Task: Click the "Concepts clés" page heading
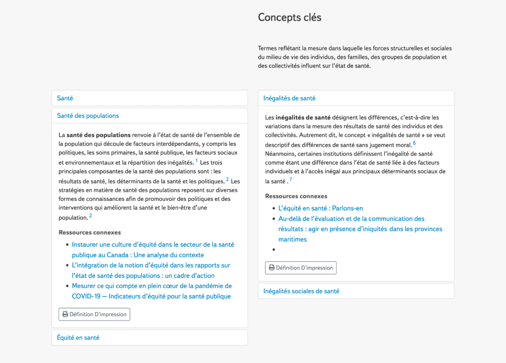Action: click(x=290, y=18)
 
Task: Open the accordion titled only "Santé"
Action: click(x=65, y=98)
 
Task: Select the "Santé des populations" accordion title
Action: click(x=88, y=116)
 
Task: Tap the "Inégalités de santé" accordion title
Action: click(x=289, y=98)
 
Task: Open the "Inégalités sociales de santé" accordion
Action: click(x=301, y=291)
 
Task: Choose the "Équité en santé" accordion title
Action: click(x=78, y=337)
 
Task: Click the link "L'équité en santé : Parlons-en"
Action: click(x=320, y=208)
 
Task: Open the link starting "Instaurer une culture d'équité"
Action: click(x=153, y=245)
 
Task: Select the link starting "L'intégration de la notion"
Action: click(x=151, y=265)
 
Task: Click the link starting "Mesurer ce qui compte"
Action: click(x=152, y=286)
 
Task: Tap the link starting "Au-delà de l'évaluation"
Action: click(x=351, y=219)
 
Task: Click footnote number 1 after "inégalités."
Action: click(x=197, y=161)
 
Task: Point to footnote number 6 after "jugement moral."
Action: click(x=414, y=143)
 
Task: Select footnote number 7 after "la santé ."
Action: click(x=290, y=179)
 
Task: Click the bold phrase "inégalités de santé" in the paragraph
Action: click(x=303, y=117)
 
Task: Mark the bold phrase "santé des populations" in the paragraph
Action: click(x=98, y=135)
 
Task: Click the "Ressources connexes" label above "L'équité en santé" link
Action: click(x=296, y=196)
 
